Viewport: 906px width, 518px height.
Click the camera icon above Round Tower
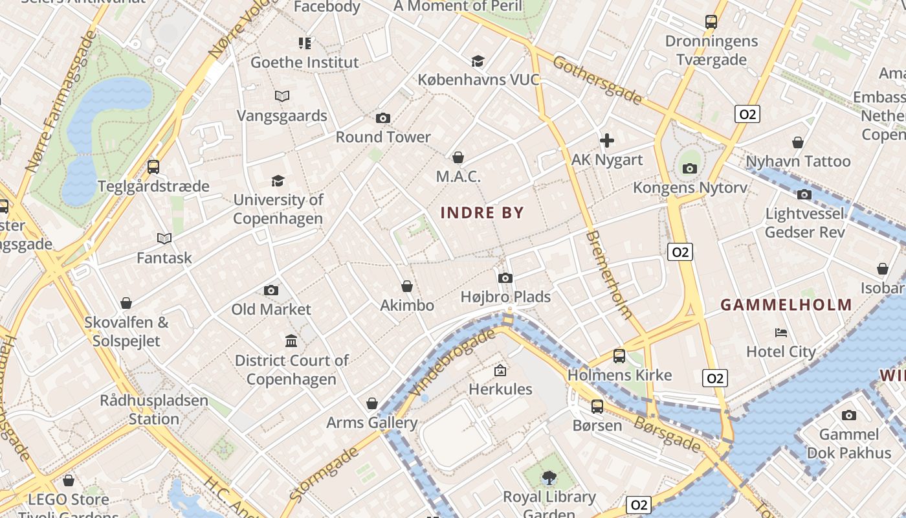click(382, 118)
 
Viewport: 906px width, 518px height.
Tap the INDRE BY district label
click(482, 212)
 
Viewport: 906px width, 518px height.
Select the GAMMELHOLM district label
click(786, 304)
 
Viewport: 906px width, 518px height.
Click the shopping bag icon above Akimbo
click(407, 286)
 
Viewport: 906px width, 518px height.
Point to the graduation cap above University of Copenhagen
click(278, 181)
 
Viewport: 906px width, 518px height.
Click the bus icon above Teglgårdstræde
click(153, 166)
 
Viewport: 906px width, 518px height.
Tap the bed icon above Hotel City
click(781, 333)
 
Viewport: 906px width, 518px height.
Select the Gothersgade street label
click(597, 80)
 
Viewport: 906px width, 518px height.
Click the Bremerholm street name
click(608, 274)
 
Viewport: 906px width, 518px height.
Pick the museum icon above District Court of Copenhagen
click(291, 341)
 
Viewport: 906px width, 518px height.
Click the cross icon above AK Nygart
click(606, 140)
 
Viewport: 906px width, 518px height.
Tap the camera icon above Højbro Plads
click(505, 278)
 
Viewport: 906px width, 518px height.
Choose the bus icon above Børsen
click(597, 406)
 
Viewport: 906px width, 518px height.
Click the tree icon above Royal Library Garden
click(549, 478)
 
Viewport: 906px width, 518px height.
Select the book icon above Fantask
click(164, 238)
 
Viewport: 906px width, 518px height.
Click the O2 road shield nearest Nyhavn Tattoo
click(747, 115)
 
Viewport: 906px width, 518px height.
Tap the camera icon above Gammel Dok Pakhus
click(848, 415)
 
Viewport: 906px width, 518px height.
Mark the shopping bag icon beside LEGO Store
click(69, 480)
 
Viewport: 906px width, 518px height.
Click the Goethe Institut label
click(304, 62)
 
